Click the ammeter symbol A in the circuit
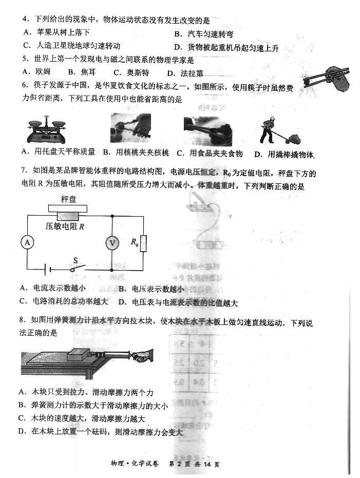pyautogui.click(x=26, y=243)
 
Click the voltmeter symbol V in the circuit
pyautogui.click(x=112, y=243)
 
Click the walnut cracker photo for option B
pyautogui.click(x=130, y=129)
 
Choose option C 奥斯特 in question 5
pyautogui.click(x=131, y=72)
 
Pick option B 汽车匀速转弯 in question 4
pyautogui.click(x=204, y=34)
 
